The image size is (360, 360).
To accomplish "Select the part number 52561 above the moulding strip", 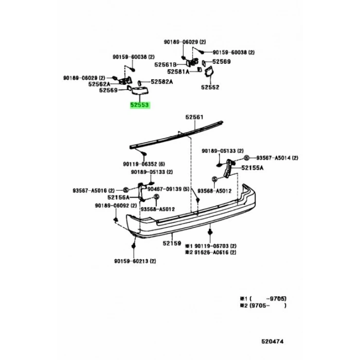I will pos(195,117).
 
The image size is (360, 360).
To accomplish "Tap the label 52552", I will pos(210,87).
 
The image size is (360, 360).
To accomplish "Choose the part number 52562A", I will pos(99,83).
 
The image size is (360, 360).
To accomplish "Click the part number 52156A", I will pos(118,197).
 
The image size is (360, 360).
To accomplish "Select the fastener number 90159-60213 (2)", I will pos(135,261).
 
